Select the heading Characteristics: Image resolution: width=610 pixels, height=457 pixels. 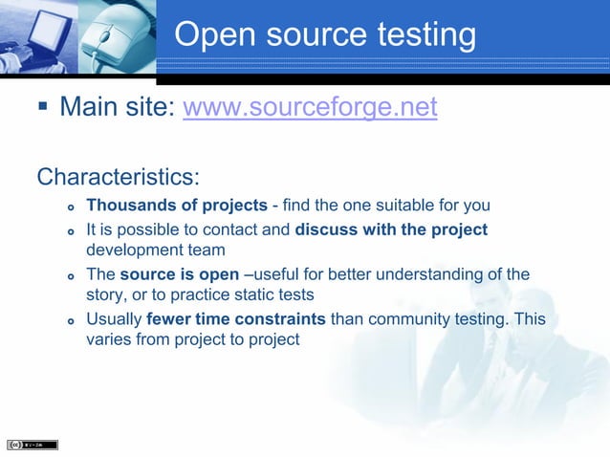(119, 178)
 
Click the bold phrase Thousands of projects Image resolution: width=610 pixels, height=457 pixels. (177, 206)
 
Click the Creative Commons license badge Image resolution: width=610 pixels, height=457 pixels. (33, 445)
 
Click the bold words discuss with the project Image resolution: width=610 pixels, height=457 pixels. (392, 230)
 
